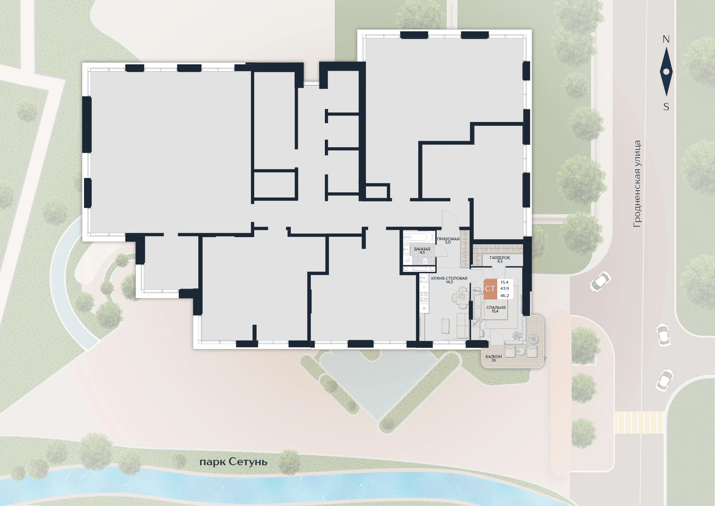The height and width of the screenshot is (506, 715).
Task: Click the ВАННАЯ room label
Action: pos(422,249)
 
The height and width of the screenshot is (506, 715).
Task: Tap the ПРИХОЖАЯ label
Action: pos(448,239)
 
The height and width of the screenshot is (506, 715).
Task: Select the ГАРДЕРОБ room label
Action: pos(500,258)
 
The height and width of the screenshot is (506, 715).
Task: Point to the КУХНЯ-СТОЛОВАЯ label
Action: pos(449,278)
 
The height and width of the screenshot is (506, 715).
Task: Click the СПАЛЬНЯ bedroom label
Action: pos(496,307)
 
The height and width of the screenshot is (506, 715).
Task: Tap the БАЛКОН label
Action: pos(494,357)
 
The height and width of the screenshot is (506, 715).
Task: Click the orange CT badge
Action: pos(490,289)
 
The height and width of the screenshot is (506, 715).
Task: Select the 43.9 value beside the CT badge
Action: pos(504,289)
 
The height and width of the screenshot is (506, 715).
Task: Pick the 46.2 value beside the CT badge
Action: pos(504,296)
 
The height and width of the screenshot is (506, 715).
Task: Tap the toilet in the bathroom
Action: pos(424,261)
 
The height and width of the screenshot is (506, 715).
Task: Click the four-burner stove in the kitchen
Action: pos(424,297)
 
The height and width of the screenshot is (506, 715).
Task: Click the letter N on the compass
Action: pos(666,39)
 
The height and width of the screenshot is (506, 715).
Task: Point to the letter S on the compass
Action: pos(666,107)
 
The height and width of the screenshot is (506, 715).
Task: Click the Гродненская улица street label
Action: pos(637,184)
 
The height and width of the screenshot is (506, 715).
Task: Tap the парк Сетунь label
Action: pos(233,462)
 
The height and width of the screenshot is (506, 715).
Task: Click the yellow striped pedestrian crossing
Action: pos(639,422)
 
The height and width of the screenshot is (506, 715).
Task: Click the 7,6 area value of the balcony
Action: pos(494,360)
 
